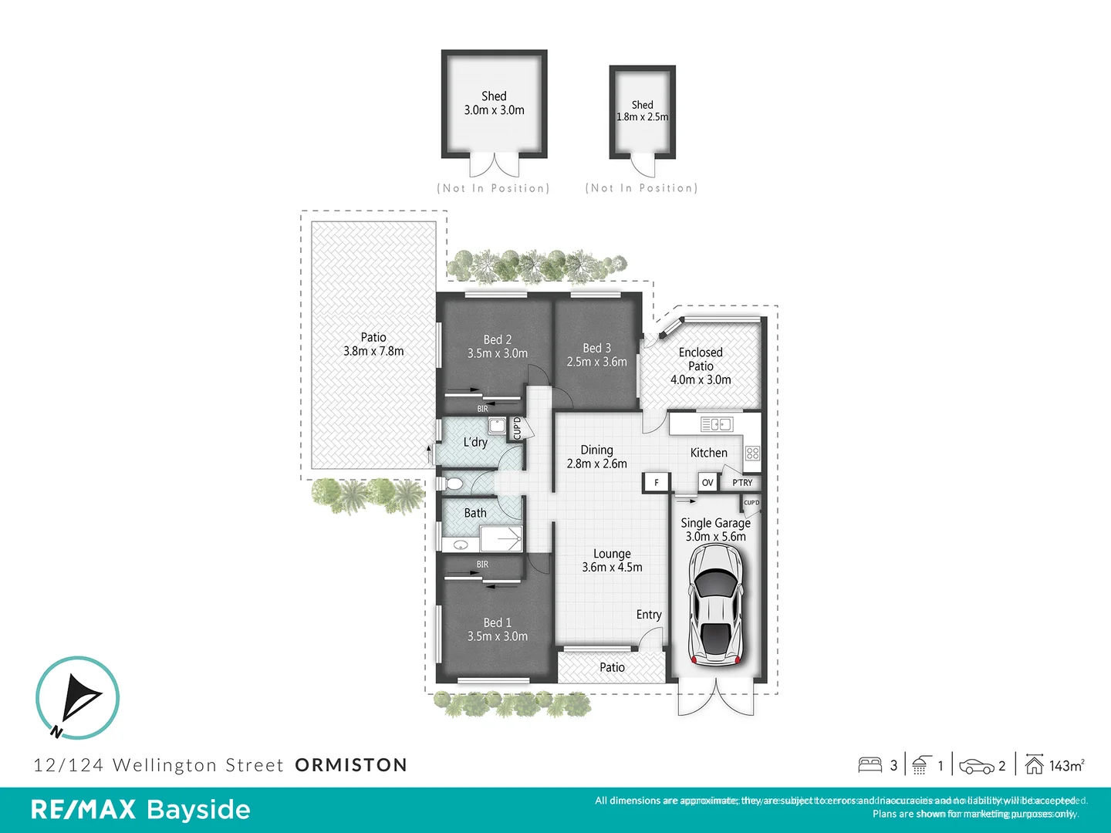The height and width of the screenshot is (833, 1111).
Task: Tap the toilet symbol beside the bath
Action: (453, 484)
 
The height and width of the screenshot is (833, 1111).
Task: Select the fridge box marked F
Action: (656, 483)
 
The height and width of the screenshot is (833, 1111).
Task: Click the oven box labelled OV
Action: (707, 483)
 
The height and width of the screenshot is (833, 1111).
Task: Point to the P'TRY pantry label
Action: (742, 483)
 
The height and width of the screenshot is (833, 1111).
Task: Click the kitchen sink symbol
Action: (716, 424)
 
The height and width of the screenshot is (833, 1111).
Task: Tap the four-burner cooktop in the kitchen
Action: (752, 454)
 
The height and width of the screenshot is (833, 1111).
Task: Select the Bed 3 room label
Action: (596, 355)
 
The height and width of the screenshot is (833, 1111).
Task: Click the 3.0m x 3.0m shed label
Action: (494, 103)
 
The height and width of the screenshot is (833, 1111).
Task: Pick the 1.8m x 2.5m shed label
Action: (642, 111)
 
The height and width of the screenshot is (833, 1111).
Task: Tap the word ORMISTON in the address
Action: (351, 765)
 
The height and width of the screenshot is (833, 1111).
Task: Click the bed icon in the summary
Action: (870, 765)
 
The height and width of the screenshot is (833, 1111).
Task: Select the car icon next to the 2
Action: (976, 767)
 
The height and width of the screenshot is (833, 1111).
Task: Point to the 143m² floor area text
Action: (1066, 766)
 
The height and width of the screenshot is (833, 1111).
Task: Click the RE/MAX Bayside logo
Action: (140, 810)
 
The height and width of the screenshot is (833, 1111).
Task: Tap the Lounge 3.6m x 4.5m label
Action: (612, 561)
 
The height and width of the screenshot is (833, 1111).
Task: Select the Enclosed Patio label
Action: (701, 366)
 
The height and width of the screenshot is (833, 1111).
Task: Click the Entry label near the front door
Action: (649, 615)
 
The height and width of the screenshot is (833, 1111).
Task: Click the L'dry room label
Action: (475, 442)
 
